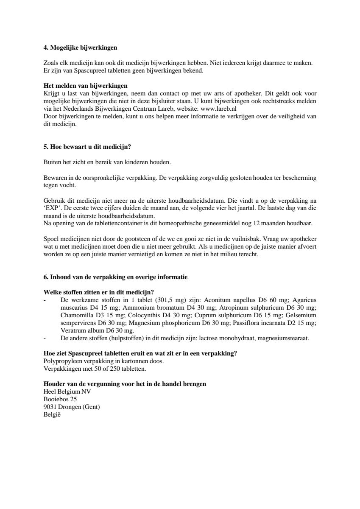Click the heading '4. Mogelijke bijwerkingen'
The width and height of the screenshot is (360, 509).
pos(81,48)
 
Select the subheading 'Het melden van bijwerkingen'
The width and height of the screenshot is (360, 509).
pos(86,86)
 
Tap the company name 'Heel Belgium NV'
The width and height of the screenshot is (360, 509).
pos(67,392)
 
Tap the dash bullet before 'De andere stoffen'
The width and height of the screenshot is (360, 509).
pos(45,338)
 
